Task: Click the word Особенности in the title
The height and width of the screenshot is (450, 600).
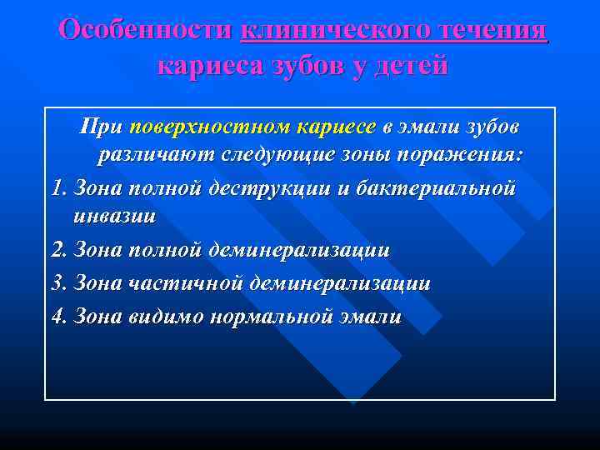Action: [146, 30]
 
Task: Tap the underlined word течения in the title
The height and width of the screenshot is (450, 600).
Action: [489, 30]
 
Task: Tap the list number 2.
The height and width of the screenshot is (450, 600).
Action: [58, 250]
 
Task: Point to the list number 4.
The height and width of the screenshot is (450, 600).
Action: [58, 317]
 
